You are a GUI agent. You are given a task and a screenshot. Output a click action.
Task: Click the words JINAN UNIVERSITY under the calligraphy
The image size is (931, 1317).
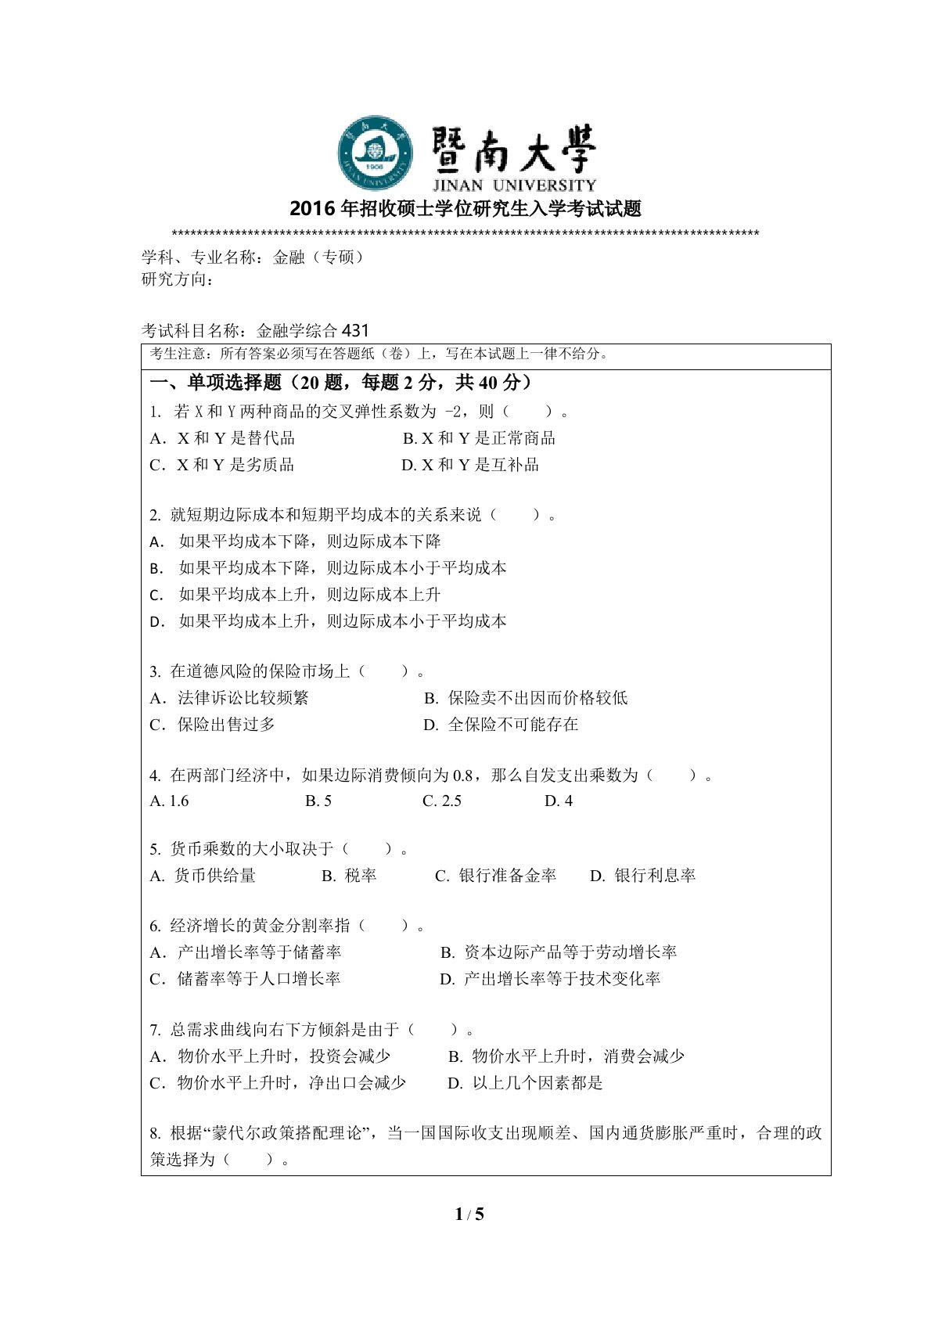tap(514, 185)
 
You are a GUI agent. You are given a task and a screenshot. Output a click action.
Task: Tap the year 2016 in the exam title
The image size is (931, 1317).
tap(311, 209)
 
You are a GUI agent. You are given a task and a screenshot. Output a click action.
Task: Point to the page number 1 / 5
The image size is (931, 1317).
tap(469, 1214)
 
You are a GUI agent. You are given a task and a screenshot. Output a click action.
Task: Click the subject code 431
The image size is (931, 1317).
tap(355, 330)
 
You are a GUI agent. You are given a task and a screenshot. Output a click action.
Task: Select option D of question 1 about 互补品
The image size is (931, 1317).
tap(470, 465)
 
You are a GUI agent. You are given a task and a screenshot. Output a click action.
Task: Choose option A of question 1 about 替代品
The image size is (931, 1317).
tap(222, 438)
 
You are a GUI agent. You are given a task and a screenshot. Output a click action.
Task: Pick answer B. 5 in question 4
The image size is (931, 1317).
tap(318, 801)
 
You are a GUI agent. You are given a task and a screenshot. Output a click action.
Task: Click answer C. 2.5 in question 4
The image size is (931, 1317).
tap(442, 801)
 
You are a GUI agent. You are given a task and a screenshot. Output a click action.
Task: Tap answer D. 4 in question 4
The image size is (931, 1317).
tap(559, 801)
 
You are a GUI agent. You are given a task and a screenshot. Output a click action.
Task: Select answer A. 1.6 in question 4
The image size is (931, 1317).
tap(169, 801)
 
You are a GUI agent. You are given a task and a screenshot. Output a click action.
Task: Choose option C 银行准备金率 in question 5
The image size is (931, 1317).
tap(496, 876)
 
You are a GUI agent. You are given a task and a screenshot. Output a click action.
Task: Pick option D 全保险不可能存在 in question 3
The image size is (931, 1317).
tap(501, 725)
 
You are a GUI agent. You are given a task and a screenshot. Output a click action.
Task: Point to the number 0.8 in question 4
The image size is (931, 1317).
tap(463, 775)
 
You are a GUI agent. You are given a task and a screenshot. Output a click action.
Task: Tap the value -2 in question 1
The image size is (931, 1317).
tap(453, 412)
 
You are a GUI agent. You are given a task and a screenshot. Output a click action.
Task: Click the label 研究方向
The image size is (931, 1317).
tap(177, 279)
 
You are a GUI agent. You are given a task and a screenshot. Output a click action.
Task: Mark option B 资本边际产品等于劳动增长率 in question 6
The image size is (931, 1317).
tap(559, 952)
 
